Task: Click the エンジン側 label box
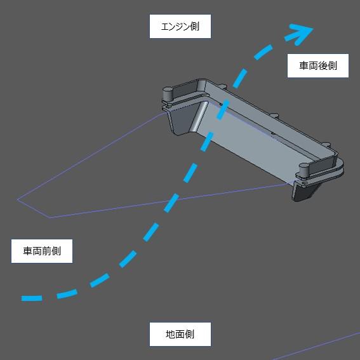click(x=180, y=27)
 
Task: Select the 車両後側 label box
click(x=317, y=65)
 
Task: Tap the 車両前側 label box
click(x=42, y=251)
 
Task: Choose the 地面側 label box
click(x=180, y=334)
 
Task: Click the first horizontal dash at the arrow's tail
click(x=31, y=298)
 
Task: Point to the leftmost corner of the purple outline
click(x=18, y=199)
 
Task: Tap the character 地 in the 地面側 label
click(x=170, y=334)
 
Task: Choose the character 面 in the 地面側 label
click(x=180, y=334)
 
